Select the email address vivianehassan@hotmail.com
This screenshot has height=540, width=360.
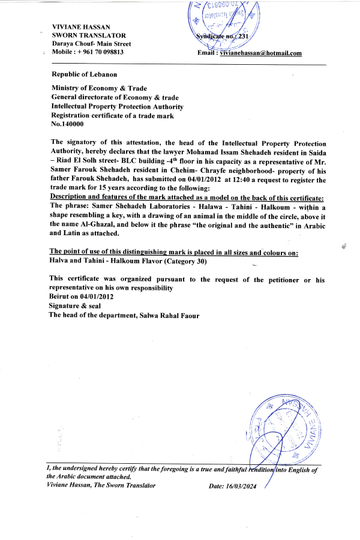click(260, 53)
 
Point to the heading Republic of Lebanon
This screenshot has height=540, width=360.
click(85, 74)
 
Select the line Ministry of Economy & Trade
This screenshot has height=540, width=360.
click(99, 88)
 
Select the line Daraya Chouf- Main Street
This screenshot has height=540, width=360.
click(91, 44)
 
